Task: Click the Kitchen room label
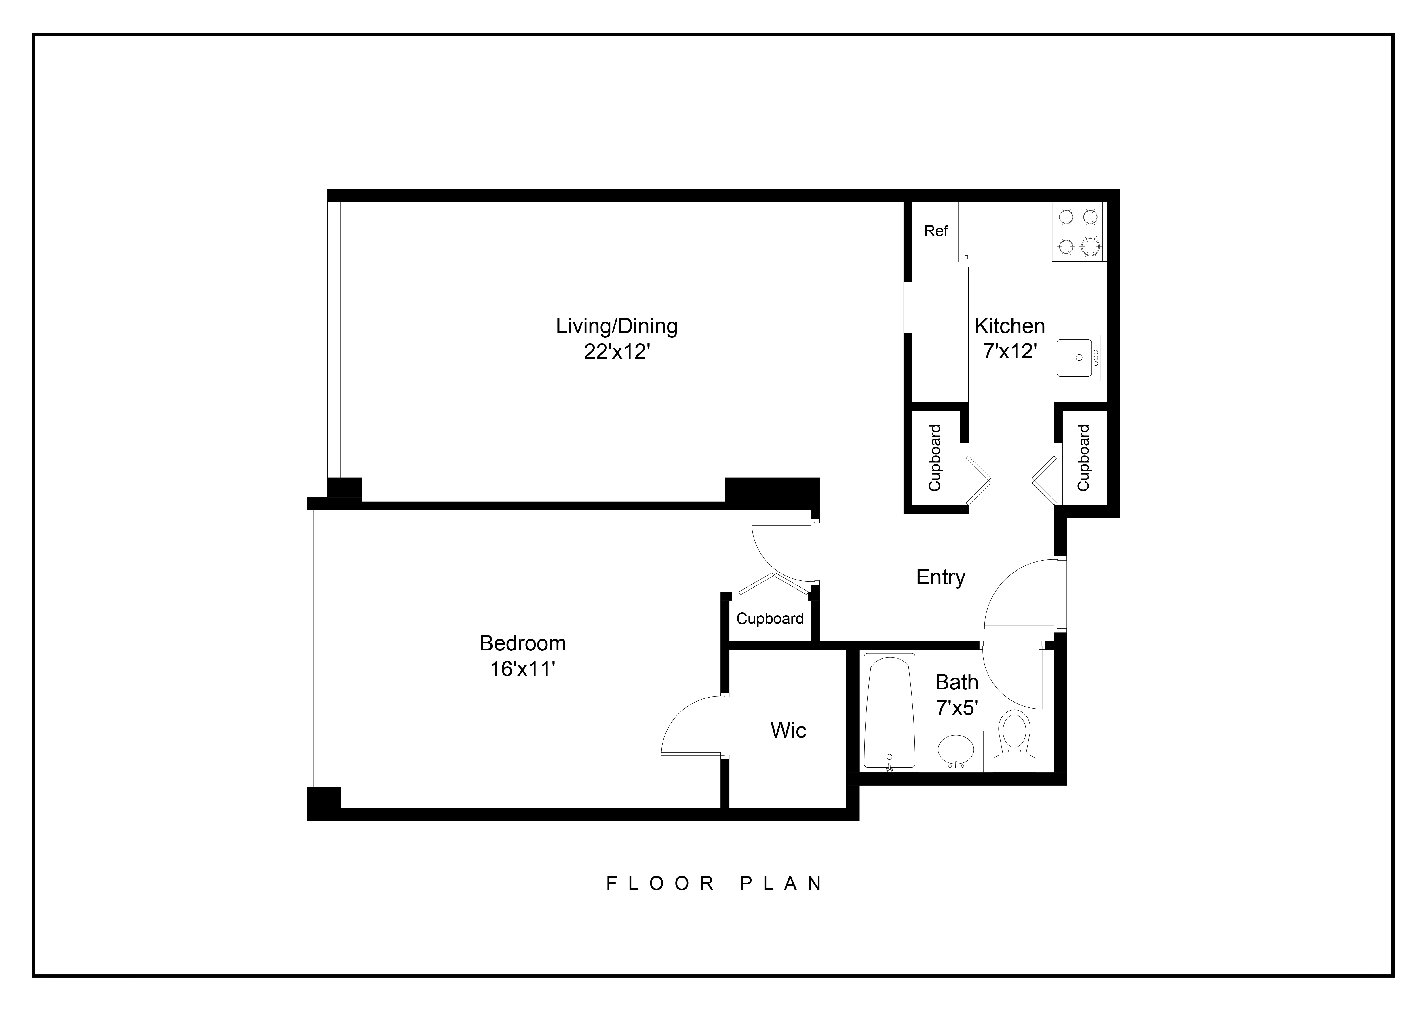(1009, 326)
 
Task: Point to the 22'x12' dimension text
(617, 353)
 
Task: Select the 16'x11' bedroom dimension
(522, 669)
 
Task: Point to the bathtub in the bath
(889, 712)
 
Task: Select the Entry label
(940, 577)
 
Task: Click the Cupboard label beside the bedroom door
(770, 619)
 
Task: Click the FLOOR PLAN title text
(715, 884)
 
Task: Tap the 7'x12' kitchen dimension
(1009, 352)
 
